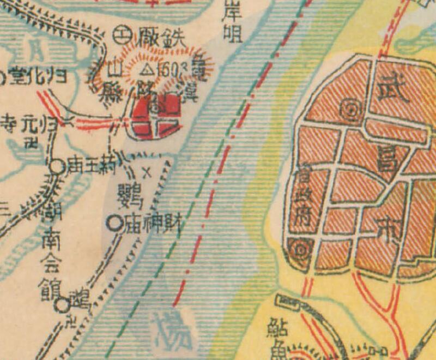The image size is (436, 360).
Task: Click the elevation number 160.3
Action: click(165, 70)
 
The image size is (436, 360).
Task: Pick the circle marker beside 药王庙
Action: click(57, 166)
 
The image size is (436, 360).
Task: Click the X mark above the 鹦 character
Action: click(146, 174)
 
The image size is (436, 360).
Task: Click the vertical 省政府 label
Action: click(302, 199)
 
